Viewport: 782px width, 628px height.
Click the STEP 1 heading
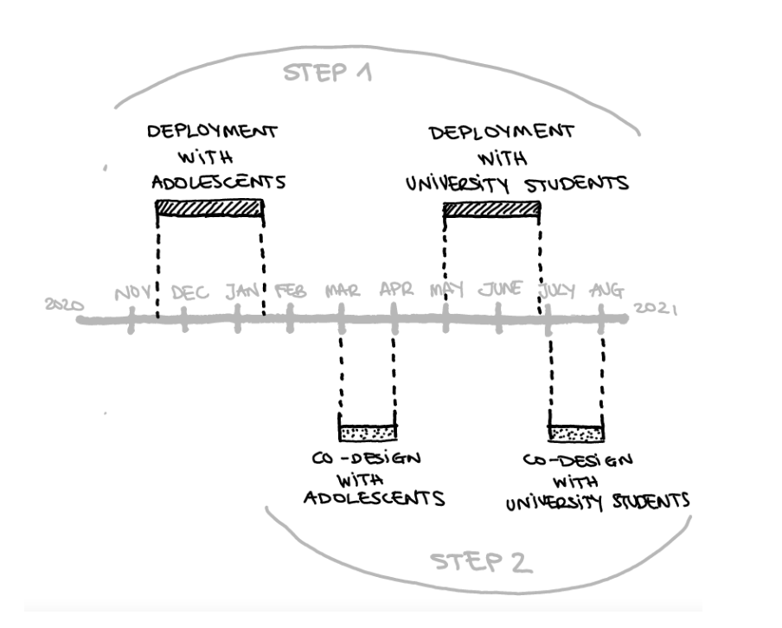tap(328, 73)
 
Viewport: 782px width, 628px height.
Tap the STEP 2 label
tap(481, 562)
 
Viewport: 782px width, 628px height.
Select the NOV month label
tap(132, 293)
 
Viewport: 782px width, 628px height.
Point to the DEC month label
tap(190, 292)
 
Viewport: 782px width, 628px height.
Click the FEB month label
tap(291, 291)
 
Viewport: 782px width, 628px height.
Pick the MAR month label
tap(343, 291)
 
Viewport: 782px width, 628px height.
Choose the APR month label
tap(397, 289)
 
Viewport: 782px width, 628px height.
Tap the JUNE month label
tap(501, 289)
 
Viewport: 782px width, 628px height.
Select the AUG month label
tap(607, 291)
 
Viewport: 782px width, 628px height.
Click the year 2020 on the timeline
tap(64, 304)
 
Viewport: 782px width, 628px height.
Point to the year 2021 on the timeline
tap(656, 308)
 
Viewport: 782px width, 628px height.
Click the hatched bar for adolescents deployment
tap(209, 208)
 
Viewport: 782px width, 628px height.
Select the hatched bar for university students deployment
tap(491, 209)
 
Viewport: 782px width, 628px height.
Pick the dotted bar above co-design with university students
tap(576, 434)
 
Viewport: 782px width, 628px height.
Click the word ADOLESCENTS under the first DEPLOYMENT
tap(219, 182)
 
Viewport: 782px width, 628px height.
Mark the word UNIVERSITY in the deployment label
tap(458, 184)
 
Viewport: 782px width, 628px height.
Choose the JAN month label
tap(243, 292)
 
